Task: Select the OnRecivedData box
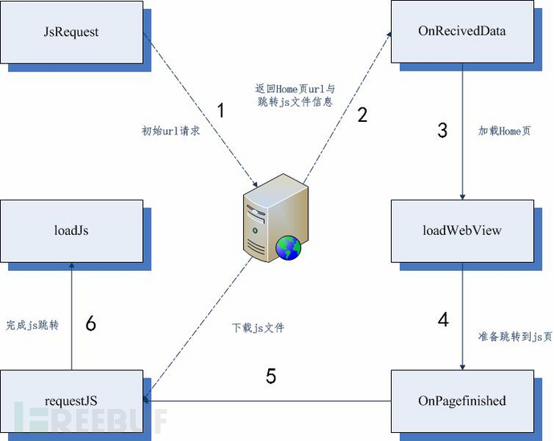(462, 32)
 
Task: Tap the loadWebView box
(462, 231)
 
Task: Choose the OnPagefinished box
(462, 400)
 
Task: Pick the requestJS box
(72, 400)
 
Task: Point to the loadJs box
(72, 231)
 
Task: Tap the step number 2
(362, 114)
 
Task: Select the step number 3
(442, 130)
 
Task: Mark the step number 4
(443, 319)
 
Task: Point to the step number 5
(271, 376)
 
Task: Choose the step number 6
(91, 323)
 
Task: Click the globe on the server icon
(287, 248)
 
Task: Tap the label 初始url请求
(170, 130)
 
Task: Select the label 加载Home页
(503, 130)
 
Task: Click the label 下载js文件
(258, 327)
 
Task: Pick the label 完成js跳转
(32, 325)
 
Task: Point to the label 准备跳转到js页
(515, 337)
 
